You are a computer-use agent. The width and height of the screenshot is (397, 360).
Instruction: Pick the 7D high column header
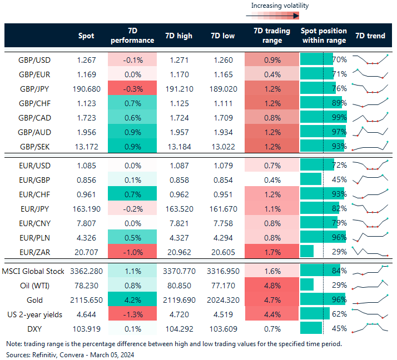[x=178, y=36]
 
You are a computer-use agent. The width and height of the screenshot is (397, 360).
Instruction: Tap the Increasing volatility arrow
[x=279, y=16]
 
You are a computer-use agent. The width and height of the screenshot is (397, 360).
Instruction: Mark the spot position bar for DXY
[x=311, y=329]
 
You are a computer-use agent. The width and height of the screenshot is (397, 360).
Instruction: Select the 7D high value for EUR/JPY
[x=178, y=208]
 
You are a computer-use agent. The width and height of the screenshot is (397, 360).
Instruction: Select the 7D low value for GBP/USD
[x=224, y=59]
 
